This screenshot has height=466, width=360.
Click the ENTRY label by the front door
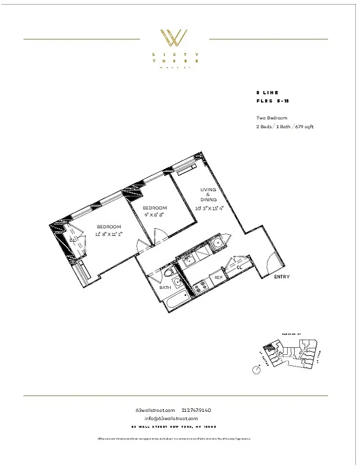tap(282, 277)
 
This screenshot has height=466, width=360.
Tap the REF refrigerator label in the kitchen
tap(218, 277)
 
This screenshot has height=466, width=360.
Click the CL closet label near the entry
tap(239, 267)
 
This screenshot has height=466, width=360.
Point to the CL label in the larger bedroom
tap(73, 239)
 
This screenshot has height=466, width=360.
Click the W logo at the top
tap(174, 38)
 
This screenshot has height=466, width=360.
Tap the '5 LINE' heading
tap(267, 93)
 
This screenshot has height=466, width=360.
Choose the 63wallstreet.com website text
tap(154, 410)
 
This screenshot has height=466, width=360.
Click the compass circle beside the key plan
tap(256, 370)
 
